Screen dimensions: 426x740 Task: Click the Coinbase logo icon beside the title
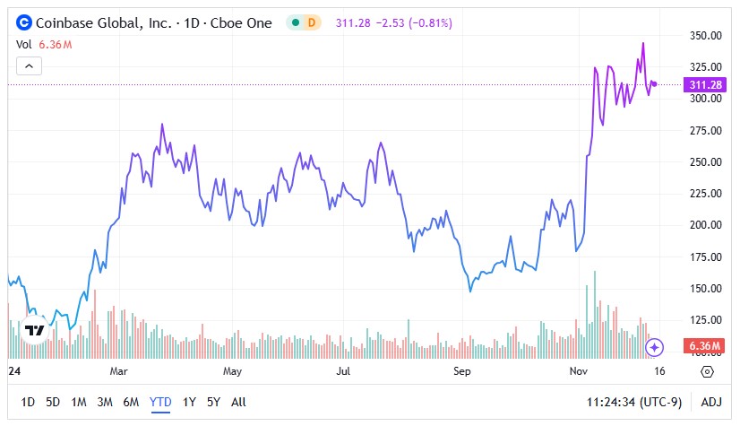[24, 22]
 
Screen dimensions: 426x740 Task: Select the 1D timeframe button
[29, 402]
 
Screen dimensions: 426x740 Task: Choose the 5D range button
[53, 402]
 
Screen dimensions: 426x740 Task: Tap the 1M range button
[79, 402]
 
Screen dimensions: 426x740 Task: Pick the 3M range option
[105, 402]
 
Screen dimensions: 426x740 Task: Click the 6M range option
[132, 402]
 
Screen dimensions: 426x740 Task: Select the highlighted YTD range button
[160, 402]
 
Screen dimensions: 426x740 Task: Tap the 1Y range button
[189, 402]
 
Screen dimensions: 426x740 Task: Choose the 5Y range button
[213, 402]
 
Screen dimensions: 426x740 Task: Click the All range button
[238, 402]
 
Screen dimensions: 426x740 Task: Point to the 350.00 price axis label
[705, 36]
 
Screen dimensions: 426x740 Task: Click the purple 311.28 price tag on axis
[705, 84]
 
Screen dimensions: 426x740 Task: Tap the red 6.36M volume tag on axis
[705, 346]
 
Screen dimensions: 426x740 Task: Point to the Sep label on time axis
[461, 370]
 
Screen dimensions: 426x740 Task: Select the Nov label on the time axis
[579, 370]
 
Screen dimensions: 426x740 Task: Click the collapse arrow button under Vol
[30, 65]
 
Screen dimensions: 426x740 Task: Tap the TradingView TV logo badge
[35, 330]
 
